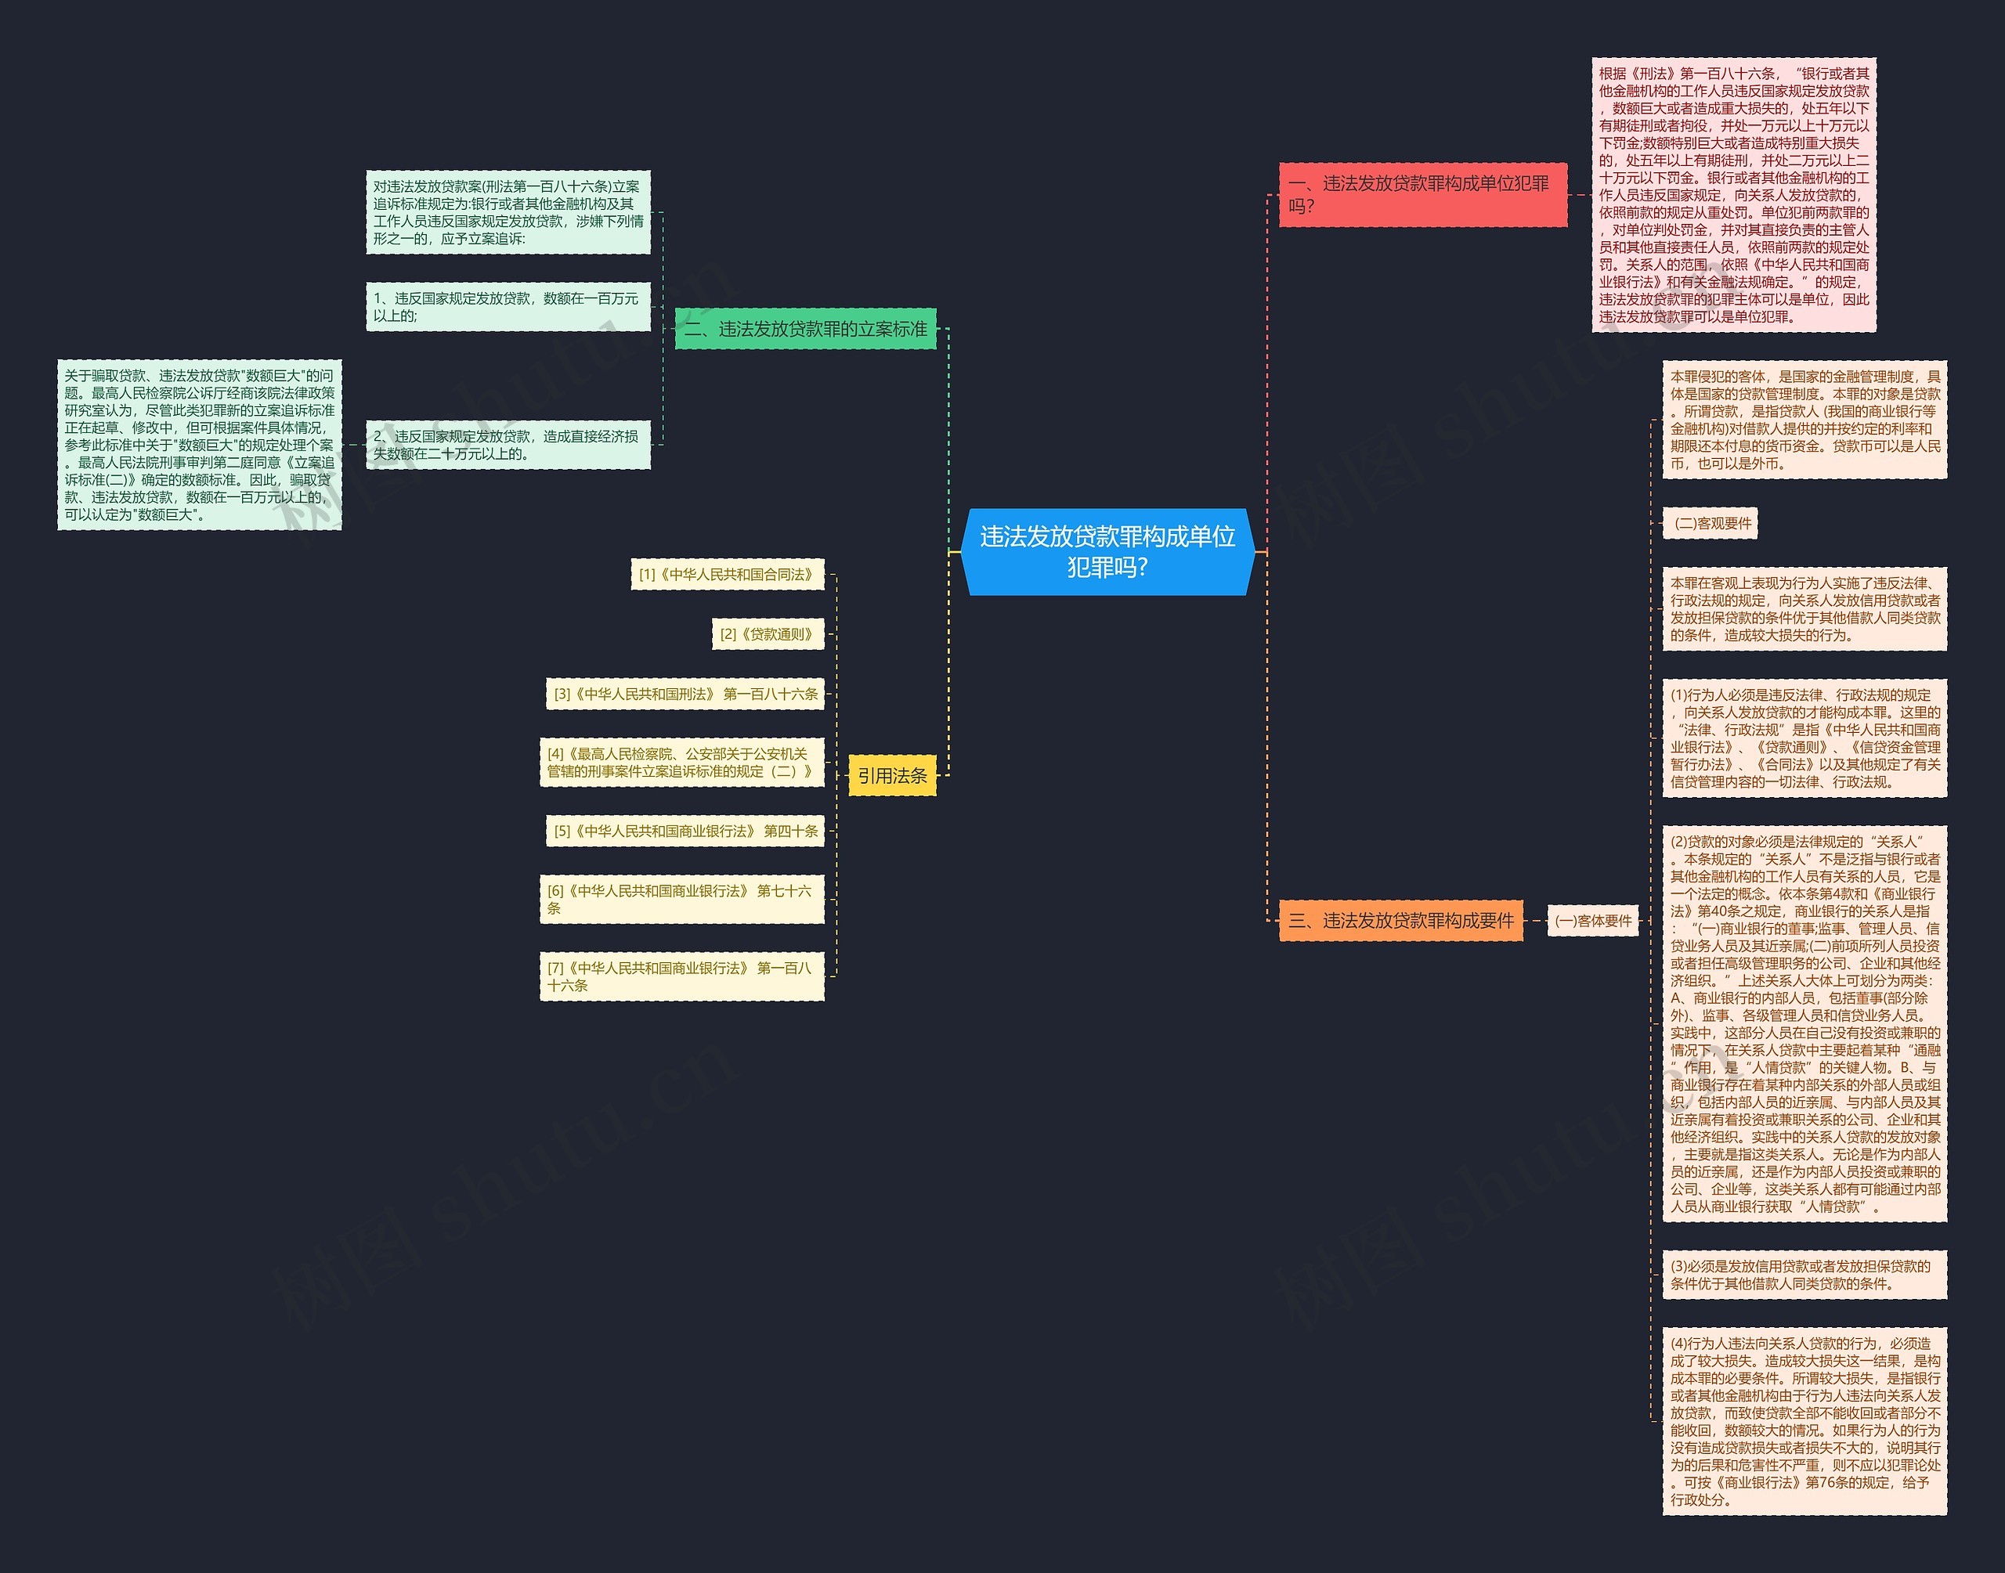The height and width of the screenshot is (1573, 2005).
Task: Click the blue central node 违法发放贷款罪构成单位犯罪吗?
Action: [1107, 552]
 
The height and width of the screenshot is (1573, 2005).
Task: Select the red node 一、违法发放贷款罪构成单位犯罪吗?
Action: [1422, 194]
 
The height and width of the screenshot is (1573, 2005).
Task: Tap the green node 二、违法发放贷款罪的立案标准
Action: [806, 329]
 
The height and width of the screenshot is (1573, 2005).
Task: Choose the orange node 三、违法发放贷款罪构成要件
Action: [1400, 920]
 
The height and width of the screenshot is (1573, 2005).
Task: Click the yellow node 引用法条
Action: [891, 775]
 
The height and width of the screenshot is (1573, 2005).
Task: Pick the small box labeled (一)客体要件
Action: [1592, 920]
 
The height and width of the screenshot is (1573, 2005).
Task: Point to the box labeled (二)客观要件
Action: [1711, 523]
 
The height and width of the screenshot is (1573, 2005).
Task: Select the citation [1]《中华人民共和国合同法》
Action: [727, 575]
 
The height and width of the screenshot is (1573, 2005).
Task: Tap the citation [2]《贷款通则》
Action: [768, 633]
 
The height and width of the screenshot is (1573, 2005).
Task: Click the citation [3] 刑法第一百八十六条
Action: [685, 694]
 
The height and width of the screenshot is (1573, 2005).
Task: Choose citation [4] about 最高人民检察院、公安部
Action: [681, 763]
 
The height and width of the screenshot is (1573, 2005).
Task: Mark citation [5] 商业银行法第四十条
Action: [685, 831]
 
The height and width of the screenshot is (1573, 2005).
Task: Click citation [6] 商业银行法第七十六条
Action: [681, 899]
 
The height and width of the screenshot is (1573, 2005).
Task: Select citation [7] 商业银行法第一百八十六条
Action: [681, 976]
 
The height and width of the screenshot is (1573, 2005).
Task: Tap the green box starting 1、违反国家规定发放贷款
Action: [508, 307]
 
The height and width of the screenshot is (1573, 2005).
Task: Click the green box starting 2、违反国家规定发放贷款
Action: [508, 445]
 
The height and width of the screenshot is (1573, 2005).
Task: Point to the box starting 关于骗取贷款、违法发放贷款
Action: [199, 445]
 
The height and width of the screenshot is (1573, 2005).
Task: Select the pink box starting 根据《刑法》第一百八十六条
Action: [1733, 194]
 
